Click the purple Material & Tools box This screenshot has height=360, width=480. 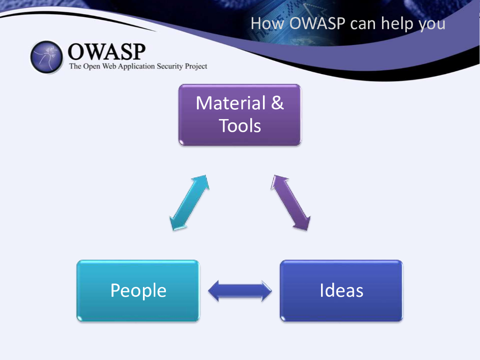(240, 115)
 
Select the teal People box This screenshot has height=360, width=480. (138, 291)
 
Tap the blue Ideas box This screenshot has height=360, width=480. (341, 291)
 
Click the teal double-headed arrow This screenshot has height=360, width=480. (189, 203)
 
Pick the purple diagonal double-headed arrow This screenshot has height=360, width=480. (291, 202)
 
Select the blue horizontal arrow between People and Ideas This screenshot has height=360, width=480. (240, 291)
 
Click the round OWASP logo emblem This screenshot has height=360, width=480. (46, 57)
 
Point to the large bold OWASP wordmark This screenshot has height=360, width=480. (107, 51)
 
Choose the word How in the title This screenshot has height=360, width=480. (268, 23)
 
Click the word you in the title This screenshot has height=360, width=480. (432, 24)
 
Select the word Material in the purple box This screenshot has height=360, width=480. (229, 103)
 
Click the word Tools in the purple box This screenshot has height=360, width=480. (240, 126)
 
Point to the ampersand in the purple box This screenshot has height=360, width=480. (277, 103)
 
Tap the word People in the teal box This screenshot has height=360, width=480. (138, 291)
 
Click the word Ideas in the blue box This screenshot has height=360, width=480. (341, 291)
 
